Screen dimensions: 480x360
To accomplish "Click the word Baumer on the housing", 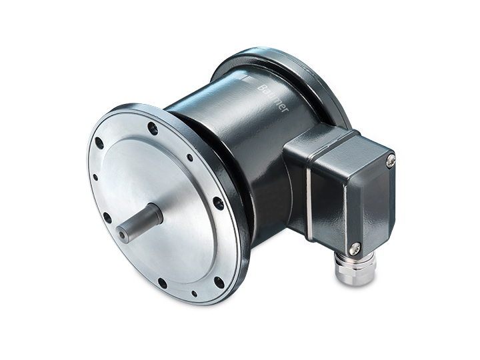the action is click(x=273, y=98).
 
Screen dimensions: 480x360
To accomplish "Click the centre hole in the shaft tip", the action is click(x=123, y=235).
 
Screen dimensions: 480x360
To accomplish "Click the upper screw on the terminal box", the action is click(x=391, y=161).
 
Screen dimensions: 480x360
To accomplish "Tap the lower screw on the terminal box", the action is click(x=355, y=249).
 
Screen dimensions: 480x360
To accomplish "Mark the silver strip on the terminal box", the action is click(x=309, y=205).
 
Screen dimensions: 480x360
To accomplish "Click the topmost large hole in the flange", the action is click(x=153, y=129).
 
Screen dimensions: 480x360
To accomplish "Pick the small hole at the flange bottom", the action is click(x=194, y=293).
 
